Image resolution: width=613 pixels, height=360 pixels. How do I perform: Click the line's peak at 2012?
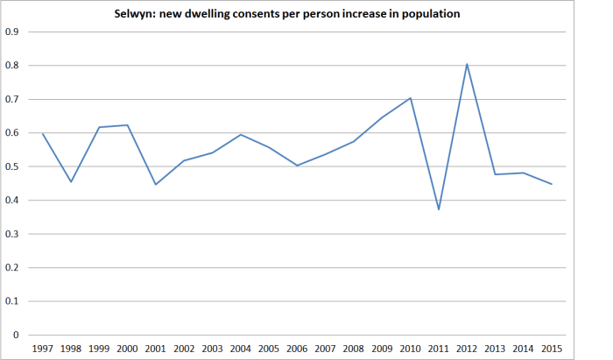(x=467, y=64)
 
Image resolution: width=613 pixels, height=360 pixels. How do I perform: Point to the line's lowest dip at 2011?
(x=439, y=209)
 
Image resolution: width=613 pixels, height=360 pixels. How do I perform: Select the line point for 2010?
(x=411, y=98)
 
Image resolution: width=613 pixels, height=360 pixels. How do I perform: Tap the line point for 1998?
(x=71, y=181)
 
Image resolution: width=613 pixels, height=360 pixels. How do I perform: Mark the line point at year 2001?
(x=156, y=184)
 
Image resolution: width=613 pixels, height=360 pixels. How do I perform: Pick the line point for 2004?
(x=241, y=135)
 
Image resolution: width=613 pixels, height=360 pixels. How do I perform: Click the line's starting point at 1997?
(x=43, y=133)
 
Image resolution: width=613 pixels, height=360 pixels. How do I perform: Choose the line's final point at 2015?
(x=552, y=184)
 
